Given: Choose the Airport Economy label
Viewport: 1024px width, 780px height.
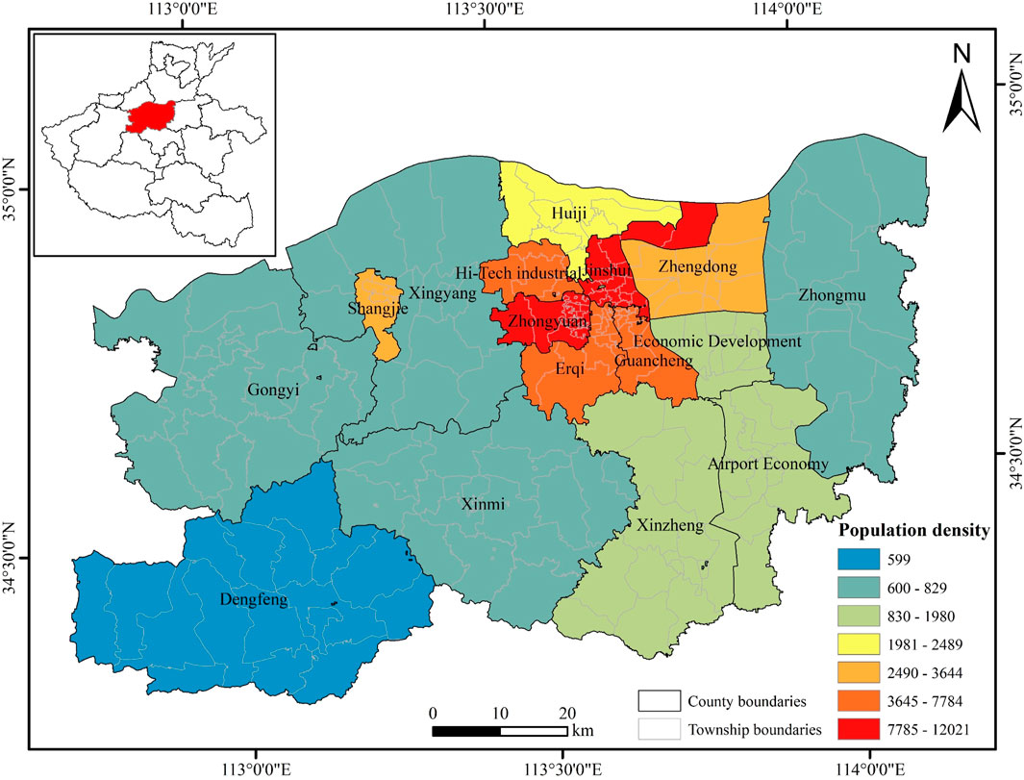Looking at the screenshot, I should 767,465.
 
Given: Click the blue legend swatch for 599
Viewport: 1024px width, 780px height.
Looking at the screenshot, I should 864,557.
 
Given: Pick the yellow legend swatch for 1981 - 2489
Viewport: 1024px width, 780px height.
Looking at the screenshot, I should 864,643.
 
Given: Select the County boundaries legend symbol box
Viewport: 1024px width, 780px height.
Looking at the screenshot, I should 659,700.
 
